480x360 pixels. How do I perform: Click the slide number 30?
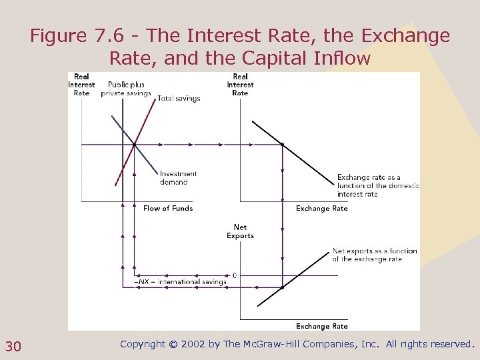pos(13,345)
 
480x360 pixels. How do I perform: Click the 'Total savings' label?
pos(179,99)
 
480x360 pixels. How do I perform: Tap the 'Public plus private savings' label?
pos(126,89)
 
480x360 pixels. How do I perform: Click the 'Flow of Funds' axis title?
pos(168,209)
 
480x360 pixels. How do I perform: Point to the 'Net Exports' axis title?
pos(240,231)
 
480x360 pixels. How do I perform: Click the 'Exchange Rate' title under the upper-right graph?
pos(322,209)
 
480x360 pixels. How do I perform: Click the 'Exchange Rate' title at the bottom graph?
pos(322,327)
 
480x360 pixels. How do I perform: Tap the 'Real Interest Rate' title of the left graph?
pos(81,85)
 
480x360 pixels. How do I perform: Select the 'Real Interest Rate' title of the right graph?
pos(240,85)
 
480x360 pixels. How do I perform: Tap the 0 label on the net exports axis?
pos(234,275)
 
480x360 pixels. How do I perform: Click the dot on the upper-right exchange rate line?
pos(283,144)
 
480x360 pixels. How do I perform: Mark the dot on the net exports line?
pos(283,287)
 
